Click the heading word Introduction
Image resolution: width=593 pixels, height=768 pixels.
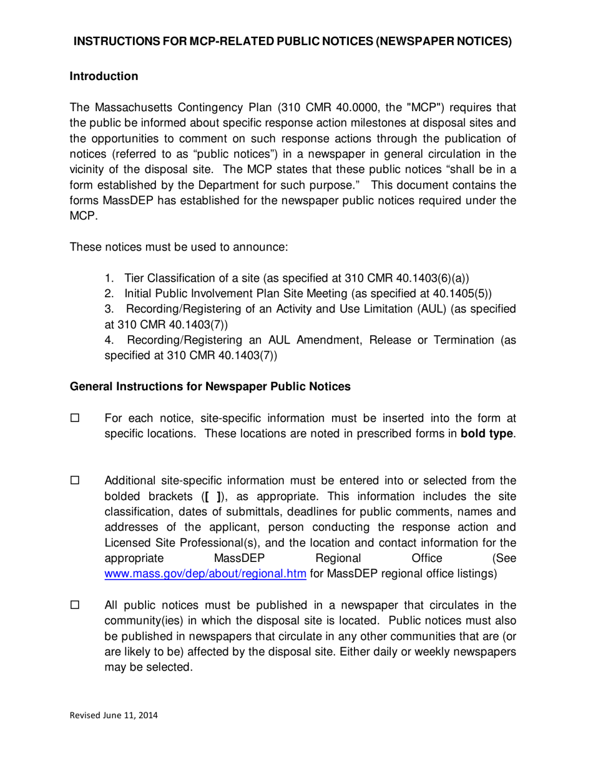[103, 77]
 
